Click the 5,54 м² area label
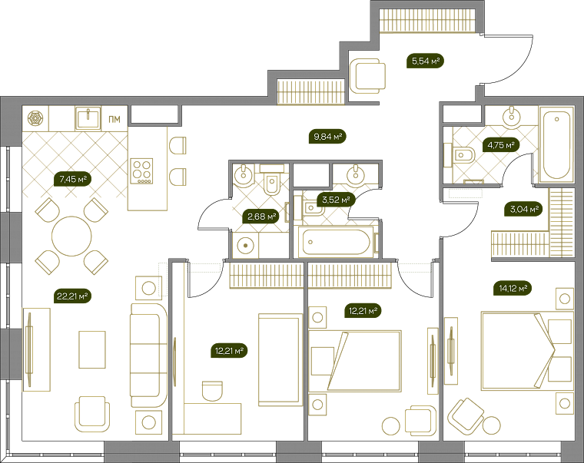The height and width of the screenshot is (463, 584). tap(425, 61)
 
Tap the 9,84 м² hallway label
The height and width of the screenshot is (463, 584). tap(328, 137)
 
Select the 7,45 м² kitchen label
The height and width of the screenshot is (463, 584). tap(73, 180)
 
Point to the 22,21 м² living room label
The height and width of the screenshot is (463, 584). tap(73, 296)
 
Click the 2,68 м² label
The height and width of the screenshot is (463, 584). tap(261, 217)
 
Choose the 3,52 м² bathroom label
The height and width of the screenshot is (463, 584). tap(336, 200)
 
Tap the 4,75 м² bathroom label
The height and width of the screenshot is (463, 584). tap(501, 145)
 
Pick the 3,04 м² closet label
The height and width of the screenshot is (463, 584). tap(523, 209)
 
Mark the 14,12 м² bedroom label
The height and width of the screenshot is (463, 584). tap(513, 288)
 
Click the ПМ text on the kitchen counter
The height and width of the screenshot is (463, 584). tap(114, 120)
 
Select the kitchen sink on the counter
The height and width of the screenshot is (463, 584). tap(88, 117)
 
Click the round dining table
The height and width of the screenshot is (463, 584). tap(71, 236)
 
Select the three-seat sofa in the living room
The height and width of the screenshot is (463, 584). tap(149, 356)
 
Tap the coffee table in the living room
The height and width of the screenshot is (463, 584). tap(92, 350)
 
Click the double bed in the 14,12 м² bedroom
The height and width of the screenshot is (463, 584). tap(526, 351)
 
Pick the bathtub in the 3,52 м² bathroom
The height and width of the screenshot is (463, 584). tap(337, 243)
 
